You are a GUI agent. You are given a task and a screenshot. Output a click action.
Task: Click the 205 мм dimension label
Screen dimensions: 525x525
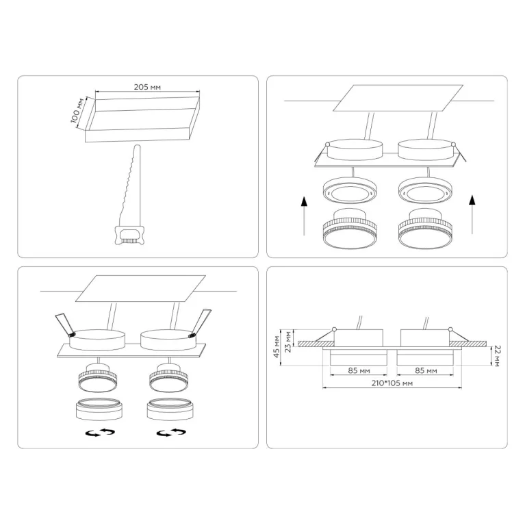147,87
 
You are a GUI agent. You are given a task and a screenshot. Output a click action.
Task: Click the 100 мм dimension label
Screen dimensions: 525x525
77,111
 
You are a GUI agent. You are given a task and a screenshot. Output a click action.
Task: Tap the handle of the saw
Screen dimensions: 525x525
129,235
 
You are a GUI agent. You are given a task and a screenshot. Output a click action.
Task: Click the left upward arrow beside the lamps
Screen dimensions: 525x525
304,216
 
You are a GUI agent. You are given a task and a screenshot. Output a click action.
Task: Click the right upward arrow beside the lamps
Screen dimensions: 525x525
472,214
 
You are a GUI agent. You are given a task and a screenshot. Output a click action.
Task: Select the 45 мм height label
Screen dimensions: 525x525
277,346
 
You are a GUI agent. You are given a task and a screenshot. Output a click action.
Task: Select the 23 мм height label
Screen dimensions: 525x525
287,342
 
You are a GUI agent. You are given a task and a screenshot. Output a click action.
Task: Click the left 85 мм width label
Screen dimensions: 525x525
359,370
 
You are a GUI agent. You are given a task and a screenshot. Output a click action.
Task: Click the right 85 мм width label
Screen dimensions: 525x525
426,370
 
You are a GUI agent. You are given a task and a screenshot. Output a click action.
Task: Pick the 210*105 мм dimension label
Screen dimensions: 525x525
392,383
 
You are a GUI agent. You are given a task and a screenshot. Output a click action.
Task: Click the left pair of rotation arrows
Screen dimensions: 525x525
100,433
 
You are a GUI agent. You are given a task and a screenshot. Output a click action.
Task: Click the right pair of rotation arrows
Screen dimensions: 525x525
171,433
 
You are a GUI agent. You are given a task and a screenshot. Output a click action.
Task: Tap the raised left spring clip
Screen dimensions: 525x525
65,324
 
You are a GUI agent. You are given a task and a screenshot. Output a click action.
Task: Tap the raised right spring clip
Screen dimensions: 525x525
201,323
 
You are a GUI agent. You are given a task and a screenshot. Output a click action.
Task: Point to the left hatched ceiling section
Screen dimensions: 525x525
316,344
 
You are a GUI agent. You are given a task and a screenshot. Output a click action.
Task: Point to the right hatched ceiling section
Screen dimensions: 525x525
468,344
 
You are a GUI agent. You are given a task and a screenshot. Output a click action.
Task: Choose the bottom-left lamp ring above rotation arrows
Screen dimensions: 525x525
99,409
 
